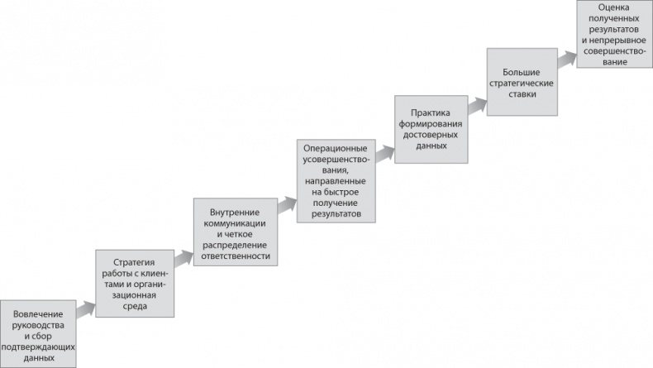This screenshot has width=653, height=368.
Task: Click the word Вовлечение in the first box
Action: (x=38, y=314)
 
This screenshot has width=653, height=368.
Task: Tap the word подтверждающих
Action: (x=38, y=347)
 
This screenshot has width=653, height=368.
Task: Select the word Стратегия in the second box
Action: (x=134, y=262)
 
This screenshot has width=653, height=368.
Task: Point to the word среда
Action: (x=135, y=306)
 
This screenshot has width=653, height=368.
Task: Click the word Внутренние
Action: (x=235, y=213)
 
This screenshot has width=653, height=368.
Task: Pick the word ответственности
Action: (x=236, y=256)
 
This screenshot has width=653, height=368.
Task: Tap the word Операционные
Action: (x=336, y=148)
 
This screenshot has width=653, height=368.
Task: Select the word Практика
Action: (x=430, y=113)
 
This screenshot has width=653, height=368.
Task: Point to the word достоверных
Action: (x=431, y=135)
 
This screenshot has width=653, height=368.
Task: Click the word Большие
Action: (x=521, y=73)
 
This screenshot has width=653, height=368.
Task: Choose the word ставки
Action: (x=522, y=94)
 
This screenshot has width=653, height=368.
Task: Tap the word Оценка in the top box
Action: (x=614, y=7)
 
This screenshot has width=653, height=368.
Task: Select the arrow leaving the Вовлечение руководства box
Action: (x=86, y=309)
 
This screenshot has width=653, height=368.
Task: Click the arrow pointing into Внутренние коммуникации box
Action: (x=184, y=258)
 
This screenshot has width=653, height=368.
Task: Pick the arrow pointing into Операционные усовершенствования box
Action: (x=287, y=205)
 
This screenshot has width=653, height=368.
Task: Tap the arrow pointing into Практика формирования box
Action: (x=385, y=154)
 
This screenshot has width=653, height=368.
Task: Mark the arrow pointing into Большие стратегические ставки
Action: (x=477, y=106)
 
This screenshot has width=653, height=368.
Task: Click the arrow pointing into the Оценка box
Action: (x=567, y=59)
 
